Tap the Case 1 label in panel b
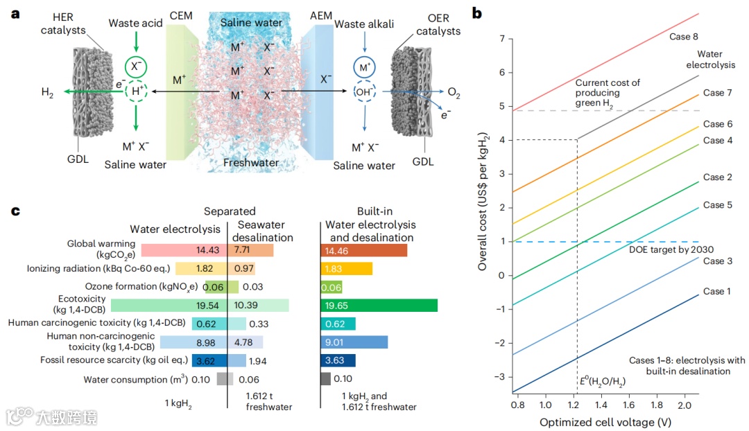pos(718,292)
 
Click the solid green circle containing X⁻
pos(136,67)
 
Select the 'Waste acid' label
pos(135,24)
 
